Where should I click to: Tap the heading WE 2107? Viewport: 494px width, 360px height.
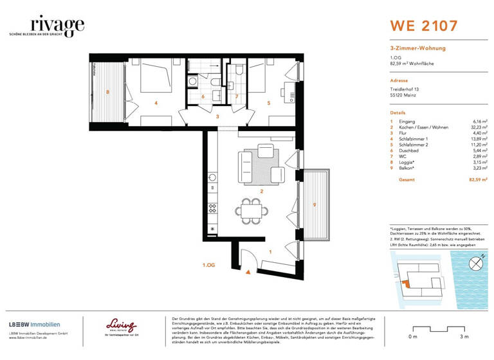424,26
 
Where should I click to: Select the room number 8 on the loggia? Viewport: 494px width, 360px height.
107,93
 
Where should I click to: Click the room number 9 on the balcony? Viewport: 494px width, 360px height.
315,204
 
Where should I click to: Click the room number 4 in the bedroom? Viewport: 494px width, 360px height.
156,102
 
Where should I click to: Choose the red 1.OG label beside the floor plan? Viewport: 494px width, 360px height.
208,264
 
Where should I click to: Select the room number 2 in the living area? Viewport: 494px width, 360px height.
261,192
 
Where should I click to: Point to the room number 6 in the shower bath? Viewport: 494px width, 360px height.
203,97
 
